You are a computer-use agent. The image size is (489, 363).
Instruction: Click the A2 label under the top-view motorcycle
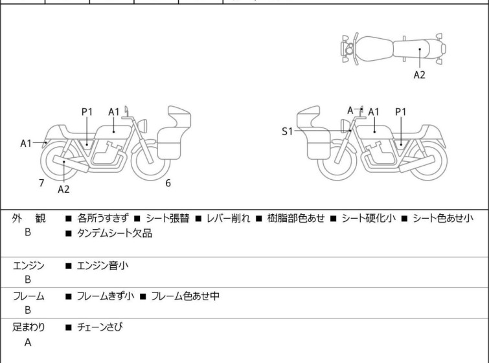420,75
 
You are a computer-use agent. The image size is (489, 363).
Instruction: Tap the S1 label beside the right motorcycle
287,131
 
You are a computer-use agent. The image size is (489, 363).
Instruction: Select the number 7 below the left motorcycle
41,183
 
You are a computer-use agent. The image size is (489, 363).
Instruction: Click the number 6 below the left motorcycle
168,183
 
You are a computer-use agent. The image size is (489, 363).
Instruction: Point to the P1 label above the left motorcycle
87,112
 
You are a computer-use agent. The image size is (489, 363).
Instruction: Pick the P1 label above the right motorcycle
401,112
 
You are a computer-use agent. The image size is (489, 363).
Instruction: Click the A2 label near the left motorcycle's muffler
63,190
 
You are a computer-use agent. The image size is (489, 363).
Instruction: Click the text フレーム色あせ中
185,296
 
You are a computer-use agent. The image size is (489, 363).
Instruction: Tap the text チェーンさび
100,327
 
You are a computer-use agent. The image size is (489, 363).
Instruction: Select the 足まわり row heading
28,327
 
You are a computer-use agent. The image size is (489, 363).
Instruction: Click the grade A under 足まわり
28,342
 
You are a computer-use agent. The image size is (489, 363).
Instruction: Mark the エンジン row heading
28,265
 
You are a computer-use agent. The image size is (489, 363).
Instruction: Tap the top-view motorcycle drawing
393,48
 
